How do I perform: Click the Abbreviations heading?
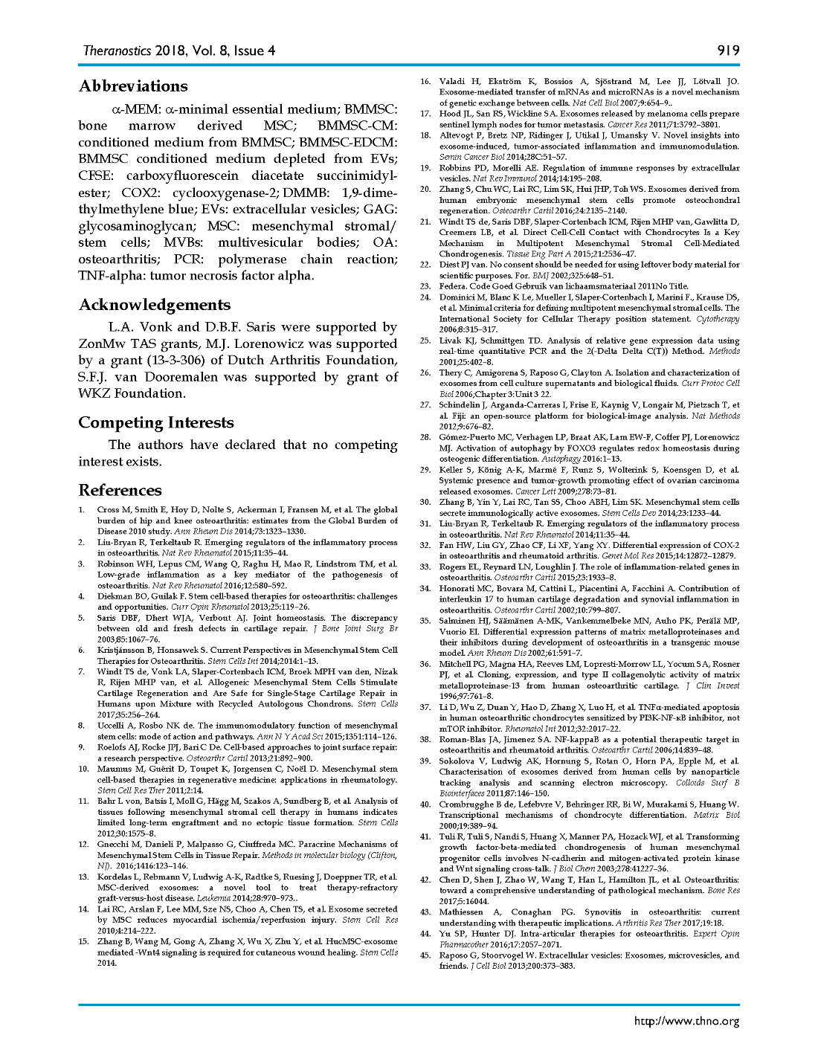133,86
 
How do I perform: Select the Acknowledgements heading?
154,305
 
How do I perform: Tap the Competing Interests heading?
155,422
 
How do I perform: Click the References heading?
120,490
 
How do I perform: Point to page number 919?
728,51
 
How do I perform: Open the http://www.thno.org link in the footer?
686,1021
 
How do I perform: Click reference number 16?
425,82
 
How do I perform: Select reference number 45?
425,955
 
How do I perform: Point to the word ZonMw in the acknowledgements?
100,344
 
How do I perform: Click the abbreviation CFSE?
97,176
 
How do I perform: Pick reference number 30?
425,502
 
